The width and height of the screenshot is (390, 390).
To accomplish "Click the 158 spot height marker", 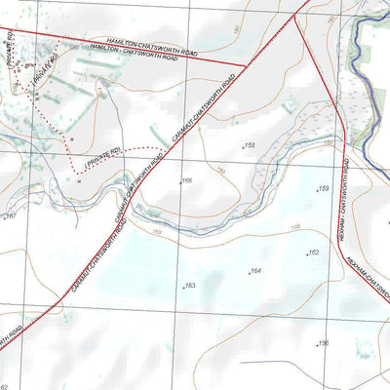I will click(250, 145).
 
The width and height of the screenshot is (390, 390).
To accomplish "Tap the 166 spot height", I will click(185, 180).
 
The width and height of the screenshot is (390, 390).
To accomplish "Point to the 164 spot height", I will click(254, 271).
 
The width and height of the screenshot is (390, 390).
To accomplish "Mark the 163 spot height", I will click(189, 286).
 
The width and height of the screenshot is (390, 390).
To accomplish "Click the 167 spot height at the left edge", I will click(10, 215).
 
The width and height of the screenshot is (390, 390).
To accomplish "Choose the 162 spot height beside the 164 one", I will click(312, 253).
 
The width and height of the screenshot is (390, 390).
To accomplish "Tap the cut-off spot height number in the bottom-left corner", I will click(5, 386).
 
